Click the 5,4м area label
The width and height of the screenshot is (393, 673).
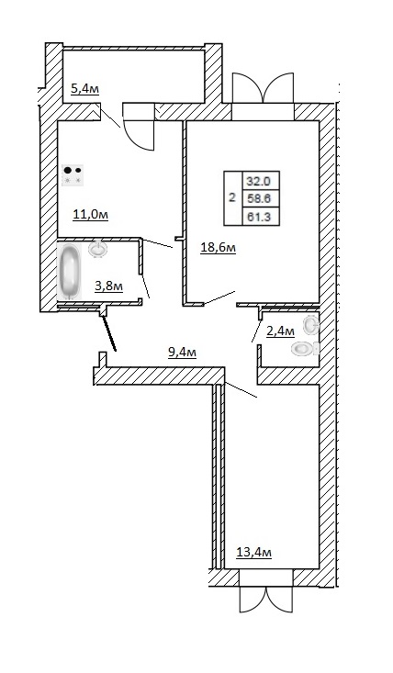[x=85, y=89]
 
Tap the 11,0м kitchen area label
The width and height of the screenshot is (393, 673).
[x=90, y=214]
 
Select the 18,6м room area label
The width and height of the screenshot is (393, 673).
[x=219, y=248]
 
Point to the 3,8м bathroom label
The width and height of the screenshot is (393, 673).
[x=109, y=286]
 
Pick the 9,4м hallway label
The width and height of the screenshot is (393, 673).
[x=183, y=353]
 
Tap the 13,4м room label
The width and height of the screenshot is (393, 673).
[x=254, y=552]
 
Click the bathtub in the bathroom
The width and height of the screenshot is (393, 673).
[x=69, y=271]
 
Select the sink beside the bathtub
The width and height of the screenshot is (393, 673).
[x=98, y=249]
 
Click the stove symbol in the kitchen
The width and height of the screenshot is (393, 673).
[x=73, y=175]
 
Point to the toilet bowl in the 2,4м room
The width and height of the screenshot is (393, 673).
[x=304, y=348]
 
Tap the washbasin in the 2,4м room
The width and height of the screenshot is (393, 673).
[x=311, y=324]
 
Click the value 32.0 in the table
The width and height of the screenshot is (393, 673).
[x=258, y=181]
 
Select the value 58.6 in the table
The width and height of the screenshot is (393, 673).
[x=258, y=198]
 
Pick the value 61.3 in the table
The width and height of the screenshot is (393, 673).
[x=259, y=218]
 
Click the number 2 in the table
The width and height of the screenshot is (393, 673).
[x=232, y=198]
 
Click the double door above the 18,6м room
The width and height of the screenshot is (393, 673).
[x=263, y=95]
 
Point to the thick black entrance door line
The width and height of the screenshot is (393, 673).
[x=109, y=333]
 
